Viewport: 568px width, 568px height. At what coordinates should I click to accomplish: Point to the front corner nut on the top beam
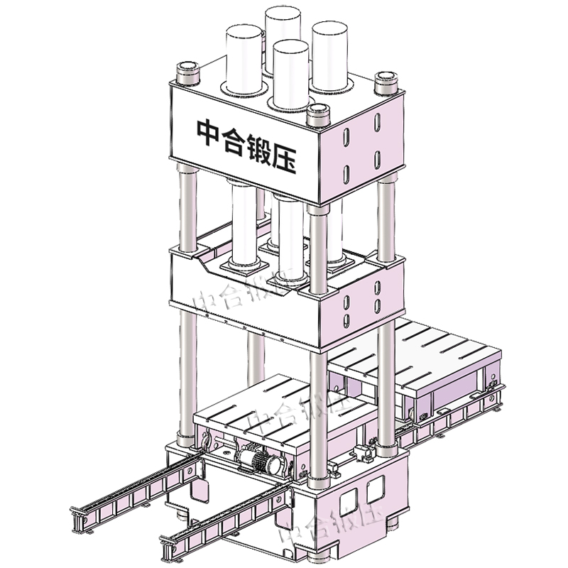[317, 112]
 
